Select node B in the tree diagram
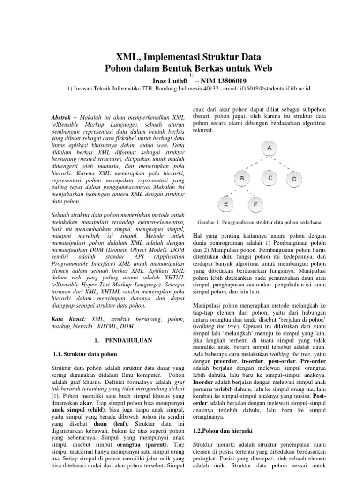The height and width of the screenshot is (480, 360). point(242,179)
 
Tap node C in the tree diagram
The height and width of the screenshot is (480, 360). point(270,178)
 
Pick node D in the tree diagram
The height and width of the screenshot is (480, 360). point(294,179)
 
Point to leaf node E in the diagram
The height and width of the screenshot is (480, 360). point(226,204)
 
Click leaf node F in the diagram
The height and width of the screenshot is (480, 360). point(255,204)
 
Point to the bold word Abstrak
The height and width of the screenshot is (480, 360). point(61,116)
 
